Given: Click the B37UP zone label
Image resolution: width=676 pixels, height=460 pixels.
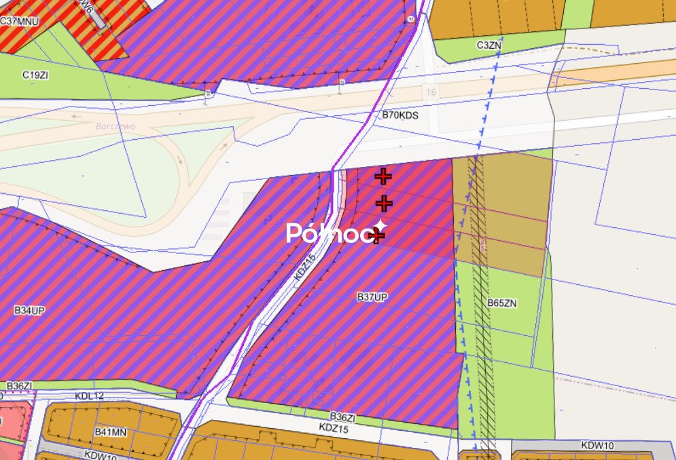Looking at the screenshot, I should click(372, 297).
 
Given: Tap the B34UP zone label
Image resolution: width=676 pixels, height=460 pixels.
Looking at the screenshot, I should click(29, 311).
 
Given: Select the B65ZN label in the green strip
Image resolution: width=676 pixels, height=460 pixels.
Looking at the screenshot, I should click(501, 303).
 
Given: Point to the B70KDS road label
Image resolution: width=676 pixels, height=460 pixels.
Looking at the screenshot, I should click(400, 115).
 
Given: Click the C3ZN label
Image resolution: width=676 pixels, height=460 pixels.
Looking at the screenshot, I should click(489, 45).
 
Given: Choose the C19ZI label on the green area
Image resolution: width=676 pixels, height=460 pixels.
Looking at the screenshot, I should click(35, 75).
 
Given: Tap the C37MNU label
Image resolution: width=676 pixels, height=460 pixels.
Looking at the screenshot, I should click(19, 22).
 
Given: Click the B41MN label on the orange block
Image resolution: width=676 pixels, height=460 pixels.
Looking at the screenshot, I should click(111, 432).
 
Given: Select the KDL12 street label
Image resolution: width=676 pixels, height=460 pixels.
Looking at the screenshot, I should click(90, 396).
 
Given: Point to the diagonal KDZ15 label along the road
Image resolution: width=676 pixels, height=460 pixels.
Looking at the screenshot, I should click(307, 271).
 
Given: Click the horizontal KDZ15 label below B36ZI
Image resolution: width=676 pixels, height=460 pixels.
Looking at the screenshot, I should click(333, 429).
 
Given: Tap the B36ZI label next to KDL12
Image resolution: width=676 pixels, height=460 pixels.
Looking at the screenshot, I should click(20, 386).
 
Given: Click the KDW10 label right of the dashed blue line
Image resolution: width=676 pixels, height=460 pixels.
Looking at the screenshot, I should click(597, 446).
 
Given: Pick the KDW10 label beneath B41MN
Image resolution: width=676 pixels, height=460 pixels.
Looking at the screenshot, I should click(99, 455).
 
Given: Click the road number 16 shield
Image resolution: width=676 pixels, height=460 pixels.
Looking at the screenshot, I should click(430, 92).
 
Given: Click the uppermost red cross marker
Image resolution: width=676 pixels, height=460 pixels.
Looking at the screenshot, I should click(383, 177).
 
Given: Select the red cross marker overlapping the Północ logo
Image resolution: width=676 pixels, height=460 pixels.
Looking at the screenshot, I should click(377, 235).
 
